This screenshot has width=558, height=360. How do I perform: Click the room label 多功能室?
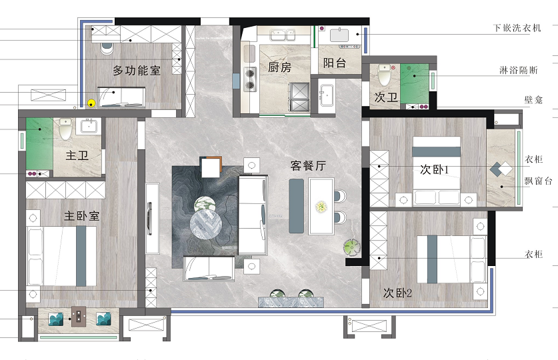137,71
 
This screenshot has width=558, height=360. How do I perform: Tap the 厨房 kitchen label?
280,67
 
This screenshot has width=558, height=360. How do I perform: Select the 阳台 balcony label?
335,63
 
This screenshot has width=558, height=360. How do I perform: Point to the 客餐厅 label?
308,165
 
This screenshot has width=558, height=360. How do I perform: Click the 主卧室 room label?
81,215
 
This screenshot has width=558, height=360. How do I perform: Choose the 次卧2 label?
397,293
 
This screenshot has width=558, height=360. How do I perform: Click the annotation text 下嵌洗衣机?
517,28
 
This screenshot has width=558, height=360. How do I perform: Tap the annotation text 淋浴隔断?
519,70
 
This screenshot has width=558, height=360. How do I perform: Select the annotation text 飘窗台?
538,181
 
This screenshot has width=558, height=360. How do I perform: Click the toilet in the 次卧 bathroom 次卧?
384,75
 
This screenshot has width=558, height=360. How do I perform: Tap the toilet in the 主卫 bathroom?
65,129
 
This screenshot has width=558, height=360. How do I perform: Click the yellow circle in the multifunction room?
91,103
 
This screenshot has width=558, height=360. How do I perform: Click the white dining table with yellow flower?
321,206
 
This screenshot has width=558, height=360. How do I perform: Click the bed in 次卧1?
436,171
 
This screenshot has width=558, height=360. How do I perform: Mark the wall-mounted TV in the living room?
150,219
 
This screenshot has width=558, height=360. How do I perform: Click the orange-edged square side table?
211,167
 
